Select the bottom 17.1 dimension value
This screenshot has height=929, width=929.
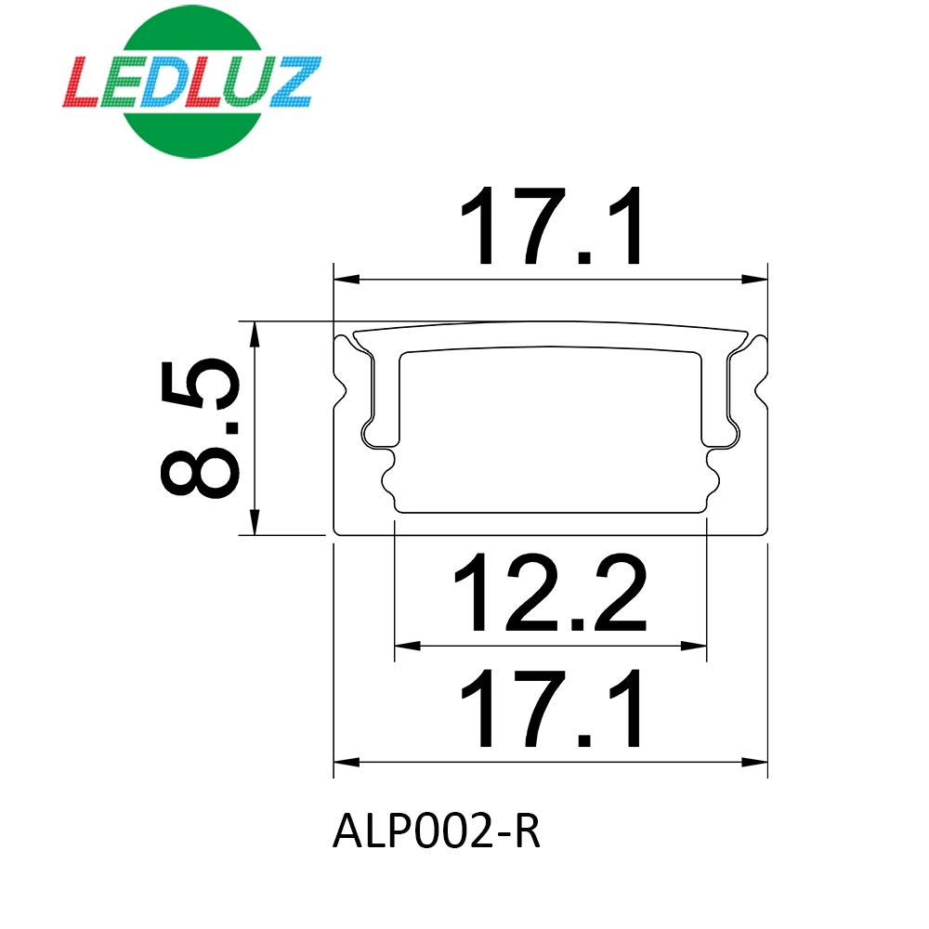click(x=551, y=712)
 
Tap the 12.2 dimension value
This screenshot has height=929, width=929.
click(x=549, y=594)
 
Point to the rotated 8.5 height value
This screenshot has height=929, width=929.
click(x=201, y=428)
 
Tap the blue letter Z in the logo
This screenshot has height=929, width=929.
click(x=294, y=81)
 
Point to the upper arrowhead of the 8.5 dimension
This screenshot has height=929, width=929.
click(x=254, y=333)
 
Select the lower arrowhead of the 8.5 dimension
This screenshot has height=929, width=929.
click(x=254, y=524)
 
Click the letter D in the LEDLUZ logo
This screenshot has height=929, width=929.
click(x=174, y=81)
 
